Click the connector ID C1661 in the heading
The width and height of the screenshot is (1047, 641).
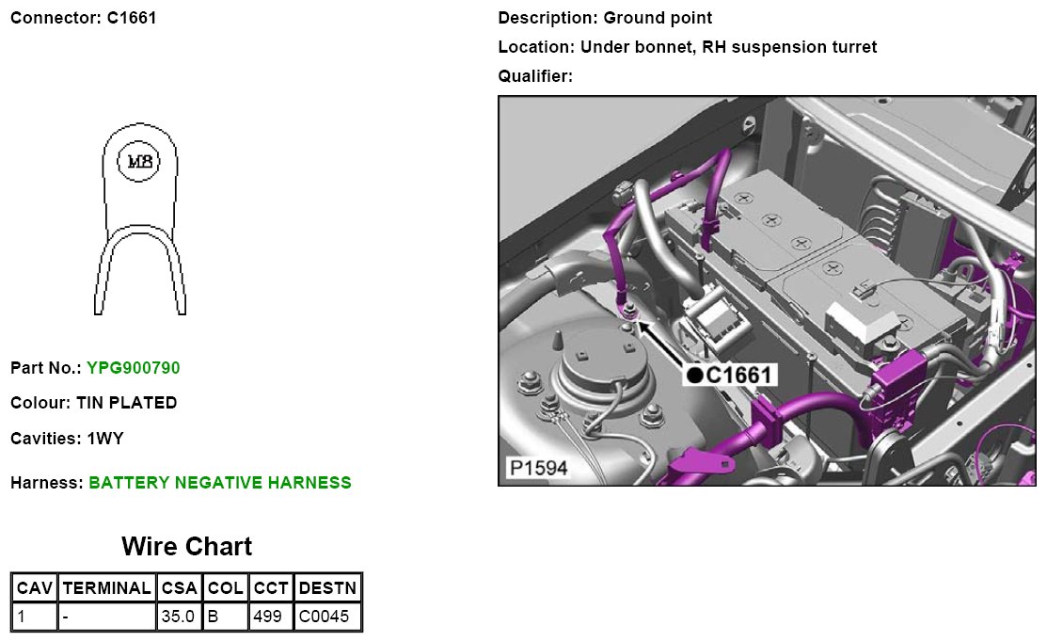pos(125,18)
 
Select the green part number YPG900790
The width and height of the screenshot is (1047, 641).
pos(133,368)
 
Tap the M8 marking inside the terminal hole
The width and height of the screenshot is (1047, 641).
pos(139,162)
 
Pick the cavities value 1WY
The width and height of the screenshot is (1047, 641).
pos(105,439)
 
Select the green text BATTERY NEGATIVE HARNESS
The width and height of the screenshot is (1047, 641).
pos(219,483)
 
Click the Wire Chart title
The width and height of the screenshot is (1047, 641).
pos(186,547)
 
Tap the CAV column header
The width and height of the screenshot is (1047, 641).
pos(35,589)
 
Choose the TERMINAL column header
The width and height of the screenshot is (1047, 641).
pos(105,589)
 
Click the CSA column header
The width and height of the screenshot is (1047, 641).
pos(179,589)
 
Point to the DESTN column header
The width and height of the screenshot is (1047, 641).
pos(327,589)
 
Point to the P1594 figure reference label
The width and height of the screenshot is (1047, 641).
pos(538,468)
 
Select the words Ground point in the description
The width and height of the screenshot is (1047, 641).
pos(658,18)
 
